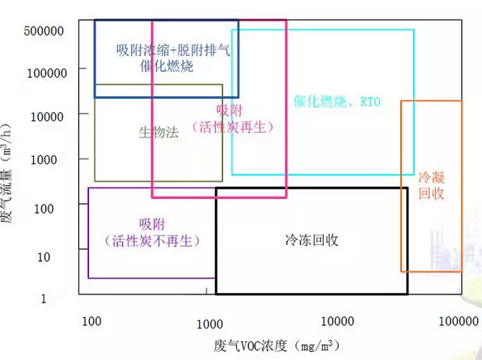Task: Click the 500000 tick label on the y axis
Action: click(44, 31)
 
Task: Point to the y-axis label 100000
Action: click(47, 73)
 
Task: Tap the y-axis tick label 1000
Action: click(44, 160)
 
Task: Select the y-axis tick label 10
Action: click(44, 257)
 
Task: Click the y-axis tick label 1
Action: click(44, 299)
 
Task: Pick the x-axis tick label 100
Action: click(91, 321)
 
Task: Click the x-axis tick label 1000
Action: click(209, 324)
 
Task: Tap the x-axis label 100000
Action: click(459, 321)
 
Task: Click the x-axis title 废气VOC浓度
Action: click(251, 346)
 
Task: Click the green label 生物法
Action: click(159, 133)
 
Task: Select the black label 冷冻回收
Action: click(311, 240)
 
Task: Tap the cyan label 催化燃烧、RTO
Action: click(337, 101)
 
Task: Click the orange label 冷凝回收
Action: click(431, 186)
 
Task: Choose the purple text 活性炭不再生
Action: click(152, 241)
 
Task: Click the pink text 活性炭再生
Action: click(233, 127)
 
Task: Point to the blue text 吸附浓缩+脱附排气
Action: click(173, 50)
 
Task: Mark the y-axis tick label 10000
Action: click(47, 116)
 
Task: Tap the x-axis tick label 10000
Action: click(337, 321)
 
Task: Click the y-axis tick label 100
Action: click(44, 209)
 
